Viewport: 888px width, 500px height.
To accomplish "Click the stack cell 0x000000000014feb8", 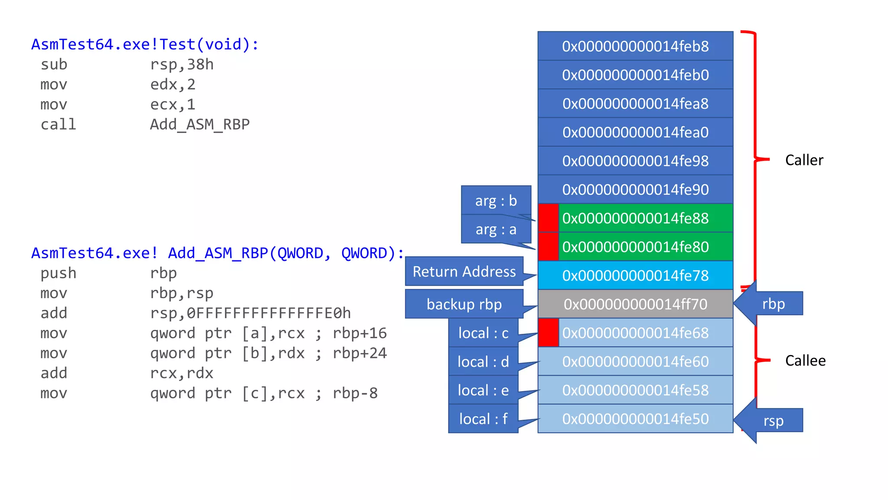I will [x=635, y=46].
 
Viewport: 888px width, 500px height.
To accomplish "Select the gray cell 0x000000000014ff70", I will [x=635, y=304].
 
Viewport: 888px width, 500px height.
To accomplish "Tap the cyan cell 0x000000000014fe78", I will [x=635, y=275].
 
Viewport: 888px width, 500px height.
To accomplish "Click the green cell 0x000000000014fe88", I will [x=645, y=218].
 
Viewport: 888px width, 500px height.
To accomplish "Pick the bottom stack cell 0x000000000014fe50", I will [x=635, y=419].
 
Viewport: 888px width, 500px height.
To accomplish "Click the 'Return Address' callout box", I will [x=464, y=272].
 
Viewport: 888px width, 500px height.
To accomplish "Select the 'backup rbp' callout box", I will [x=464, y=304].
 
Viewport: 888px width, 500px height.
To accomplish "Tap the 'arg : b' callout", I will [x=496, y=201].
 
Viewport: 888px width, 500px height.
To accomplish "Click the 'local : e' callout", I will [x=483, y=390].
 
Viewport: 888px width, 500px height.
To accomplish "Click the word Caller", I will [x=804, y=160].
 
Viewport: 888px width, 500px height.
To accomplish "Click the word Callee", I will [x=805, y=361].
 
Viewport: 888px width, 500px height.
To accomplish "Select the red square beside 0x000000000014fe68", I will [x=548, y=333].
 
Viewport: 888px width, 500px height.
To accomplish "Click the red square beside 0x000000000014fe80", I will [x=548, y=247].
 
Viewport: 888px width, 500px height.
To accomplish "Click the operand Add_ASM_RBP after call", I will [x=199, y=125].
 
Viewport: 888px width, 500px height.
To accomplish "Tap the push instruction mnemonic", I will [x=58, y=273].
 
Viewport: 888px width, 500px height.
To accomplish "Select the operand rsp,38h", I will [x=182, y=65].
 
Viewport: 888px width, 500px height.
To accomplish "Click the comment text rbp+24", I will [x=359, y=353].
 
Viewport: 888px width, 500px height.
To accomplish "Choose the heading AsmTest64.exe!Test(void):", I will [x=145, y=44].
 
